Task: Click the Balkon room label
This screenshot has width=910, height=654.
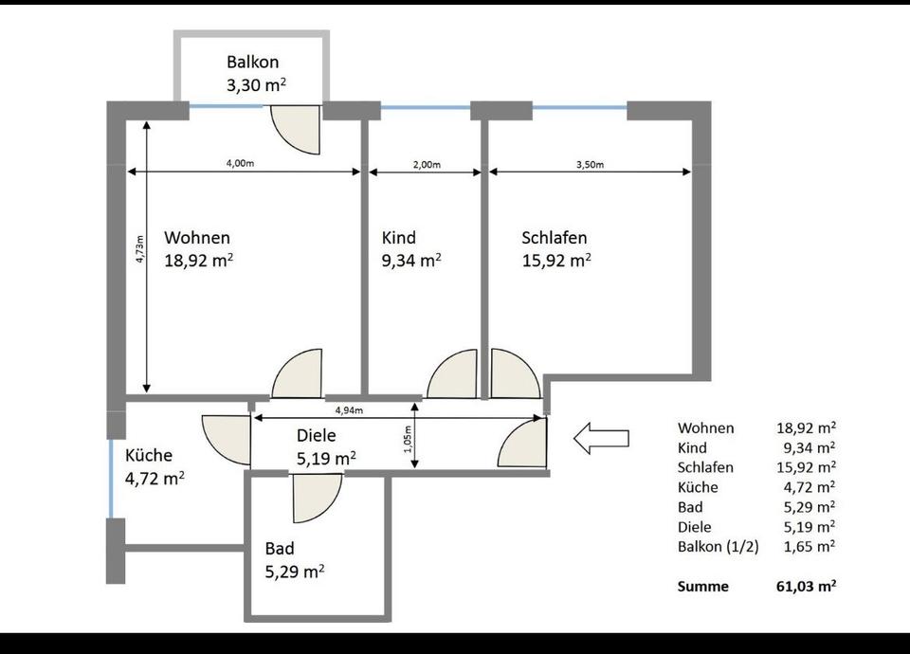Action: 252,63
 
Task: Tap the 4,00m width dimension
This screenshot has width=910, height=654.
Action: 240,163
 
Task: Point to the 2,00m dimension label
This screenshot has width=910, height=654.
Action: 427,165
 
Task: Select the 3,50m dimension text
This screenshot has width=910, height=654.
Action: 590,165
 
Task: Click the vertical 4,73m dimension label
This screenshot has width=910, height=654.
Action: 140,249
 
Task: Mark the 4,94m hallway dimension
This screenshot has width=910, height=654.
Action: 349,410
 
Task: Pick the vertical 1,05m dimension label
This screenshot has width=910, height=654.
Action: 408,439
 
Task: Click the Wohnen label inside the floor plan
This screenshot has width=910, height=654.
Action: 197,238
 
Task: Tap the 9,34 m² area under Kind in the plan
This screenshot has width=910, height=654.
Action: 411,261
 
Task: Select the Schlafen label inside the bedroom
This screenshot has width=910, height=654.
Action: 555,238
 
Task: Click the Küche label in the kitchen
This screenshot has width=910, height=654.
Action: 149,455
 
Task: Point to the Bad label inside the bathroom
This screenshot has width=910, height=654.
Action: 280,549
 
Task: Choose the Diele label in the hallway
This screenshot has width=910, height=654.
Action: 317,436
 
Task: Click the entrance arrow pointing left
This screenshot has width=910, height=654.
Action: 601,438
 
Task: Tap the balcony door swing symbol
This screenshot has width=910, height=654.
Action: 296,130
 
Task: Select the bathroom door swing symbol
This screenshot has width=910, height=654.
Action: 318,498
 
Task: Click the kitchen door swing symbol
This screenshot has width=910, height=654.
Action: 227,440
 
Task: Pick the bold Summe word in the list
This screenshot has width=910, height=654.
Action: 702,587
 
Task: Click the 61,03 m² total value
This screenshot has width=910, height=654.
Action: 806,586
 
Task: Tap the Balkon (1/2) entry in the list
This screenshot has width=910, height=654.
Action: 718,547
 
